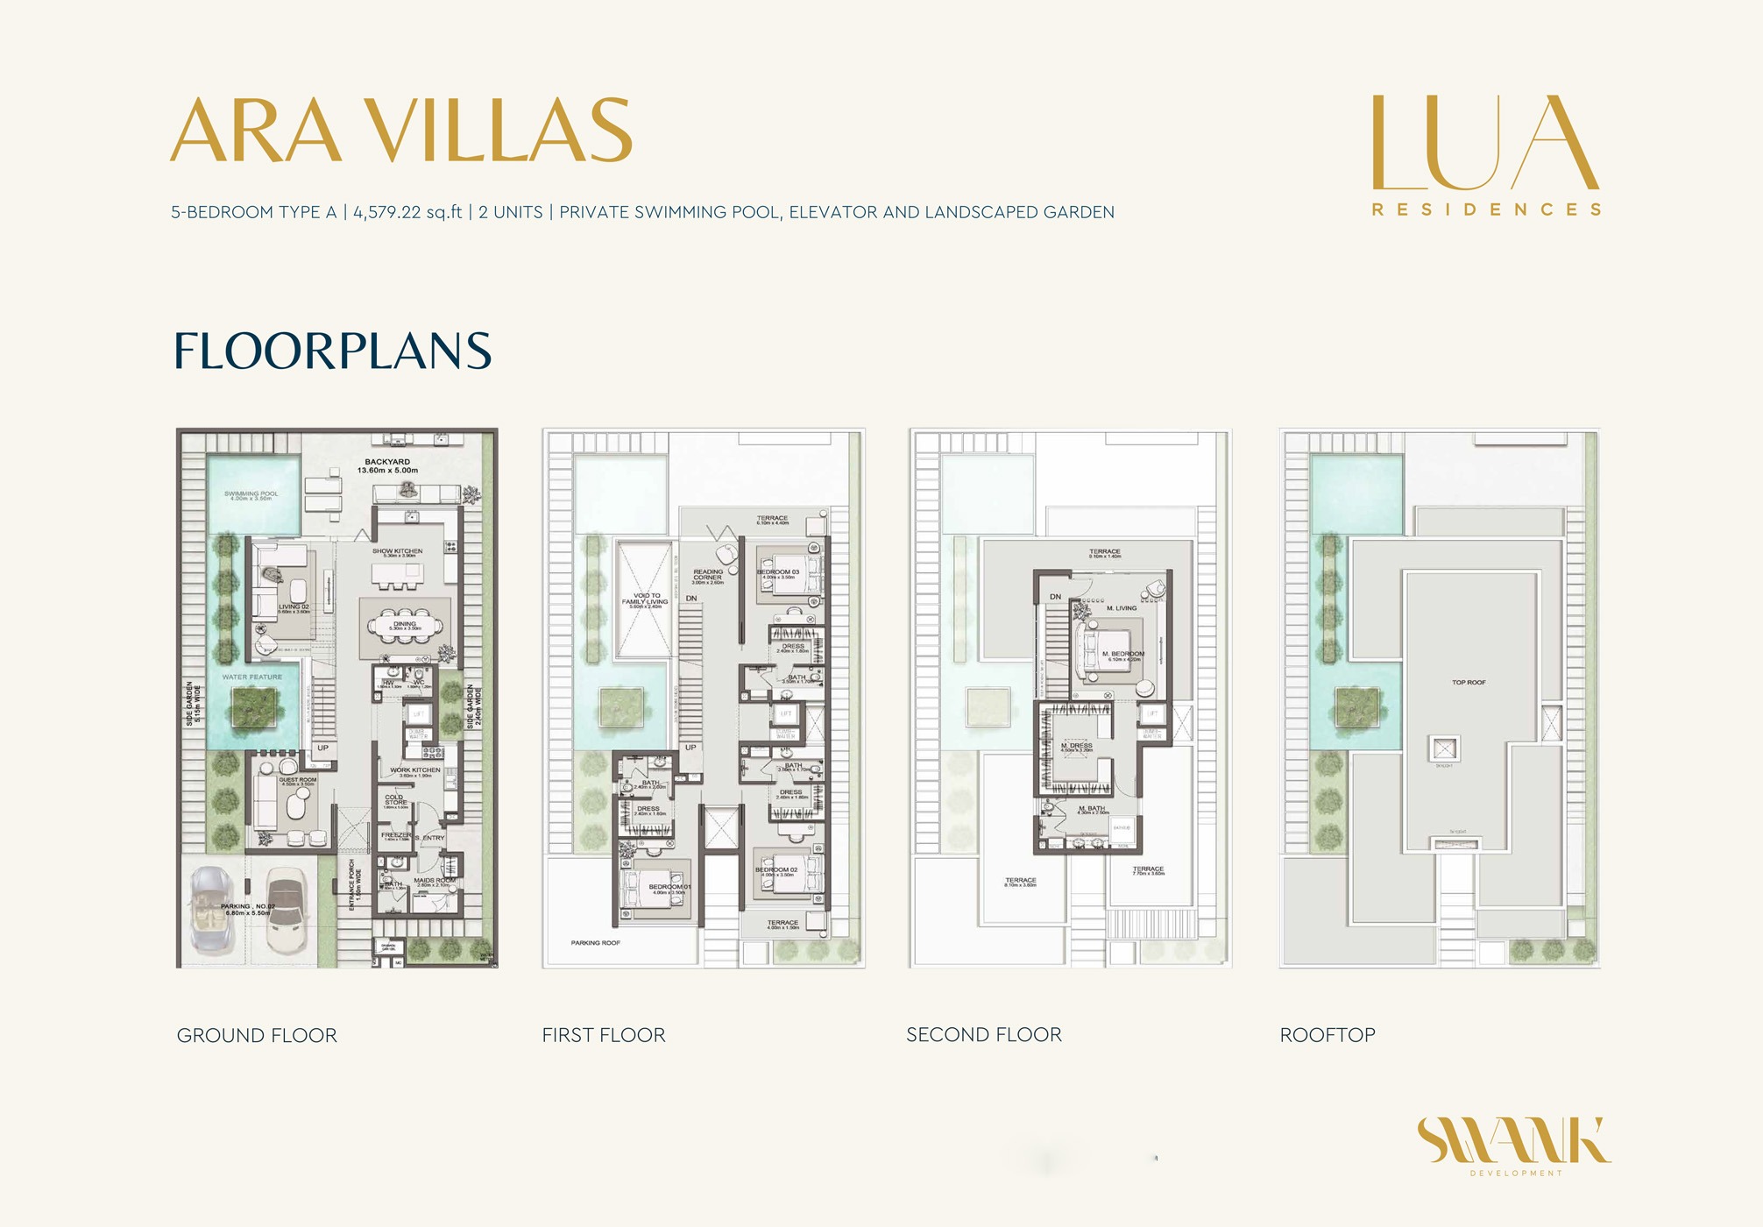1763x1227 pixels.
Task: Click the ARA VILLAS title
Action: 400,131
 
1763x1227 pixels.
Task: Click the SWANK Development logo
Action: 1514,1145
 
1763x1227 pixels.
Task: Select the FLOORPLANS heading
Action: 332,351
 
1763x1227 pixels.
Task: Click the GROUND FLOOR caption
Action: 257,1035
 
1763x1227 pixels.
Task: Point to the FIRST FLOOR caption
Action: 604,1035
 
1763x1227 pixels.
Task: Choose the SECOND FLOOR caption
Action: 984,1035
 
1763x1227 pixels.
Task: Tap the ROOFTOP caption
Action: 1328,1035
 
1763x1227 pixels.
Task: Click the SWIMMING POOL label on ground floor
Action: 251,495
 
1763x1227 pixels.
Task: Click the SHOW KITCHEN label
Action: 397,552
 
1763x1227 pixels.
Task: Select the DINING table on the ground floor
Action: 405,625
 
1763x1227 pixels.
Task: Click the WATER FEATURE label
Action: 252,677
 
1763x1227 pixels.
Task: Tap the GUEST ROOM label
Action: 298,780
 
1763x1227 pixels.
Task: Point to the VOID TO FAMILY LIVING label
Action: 647,599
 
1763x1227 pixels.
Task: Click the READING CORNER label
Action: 708,576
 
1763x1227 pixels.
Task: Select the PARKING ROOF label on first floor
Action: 596,943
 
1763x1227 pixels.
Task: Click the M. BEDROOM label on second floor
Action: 1123,655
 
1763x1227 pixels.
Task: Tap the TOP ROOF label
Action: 1469,682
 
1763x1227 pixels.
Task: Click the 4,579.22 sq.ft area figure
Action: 407,212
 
